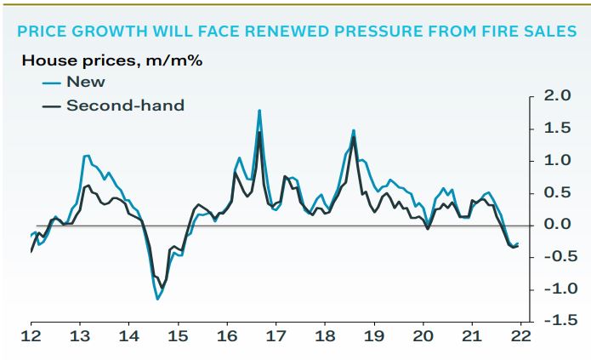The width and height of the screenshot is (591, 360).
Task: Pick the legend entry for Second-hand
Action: [125, 106]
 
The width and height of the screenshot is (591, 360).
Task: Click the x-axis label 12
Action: [31, 335]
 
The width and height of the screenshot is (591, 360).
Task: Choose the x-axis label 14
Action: [128, 335]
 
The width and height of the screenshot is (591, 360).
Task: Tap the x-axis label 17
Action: [276, 335]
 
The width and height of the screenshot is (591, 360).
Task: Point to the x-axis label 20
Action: [423, 335]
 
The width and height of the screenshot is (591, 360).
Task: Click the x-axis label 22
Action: [520, 335]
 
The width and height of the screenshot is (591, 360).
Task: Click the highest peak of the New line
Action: [259, 111]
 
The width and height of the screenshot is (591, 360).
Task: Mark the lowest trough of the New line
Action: [157, 299]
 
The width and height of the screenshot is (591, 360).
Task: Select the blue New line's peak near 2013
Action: [87, 156]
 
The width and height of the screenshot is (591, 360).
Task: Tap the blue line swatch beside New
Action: [51, 83]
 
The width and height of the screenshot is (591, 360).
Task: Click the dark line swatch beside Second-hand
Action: [51, 106]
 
